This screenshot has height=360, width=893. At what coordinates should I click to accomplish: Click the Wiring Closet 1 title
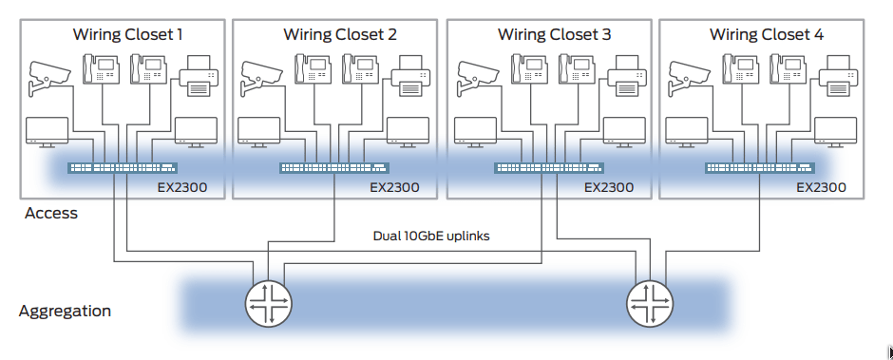127,35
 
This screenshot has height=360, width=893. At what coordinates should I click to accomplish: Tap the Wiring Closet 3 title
555,35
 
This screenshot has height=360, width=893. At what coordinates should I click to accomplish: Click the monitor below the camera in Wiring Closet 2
258,131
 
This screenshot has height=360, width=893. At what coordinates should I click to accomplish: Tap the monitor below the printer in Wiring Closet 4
836,131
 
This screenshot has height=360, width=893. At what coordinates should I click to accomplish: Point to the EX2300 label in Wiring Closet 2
394,187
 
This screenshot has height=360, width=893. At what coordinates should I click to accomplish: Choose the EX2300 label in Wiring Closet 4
821,187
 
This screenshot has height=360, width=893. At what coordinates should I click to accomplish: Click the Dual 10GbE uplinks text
431,236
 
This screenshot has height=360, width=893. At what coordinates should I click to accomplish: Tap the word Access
51,214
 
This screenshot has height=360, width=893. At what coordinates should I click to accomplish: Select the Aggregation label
65,311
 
